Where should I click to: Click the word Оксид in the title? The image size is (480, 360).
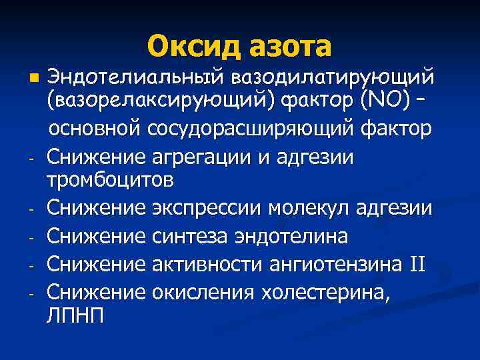(192, 47)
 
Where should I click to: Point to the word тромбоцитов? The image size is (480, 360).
(111, 181)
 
